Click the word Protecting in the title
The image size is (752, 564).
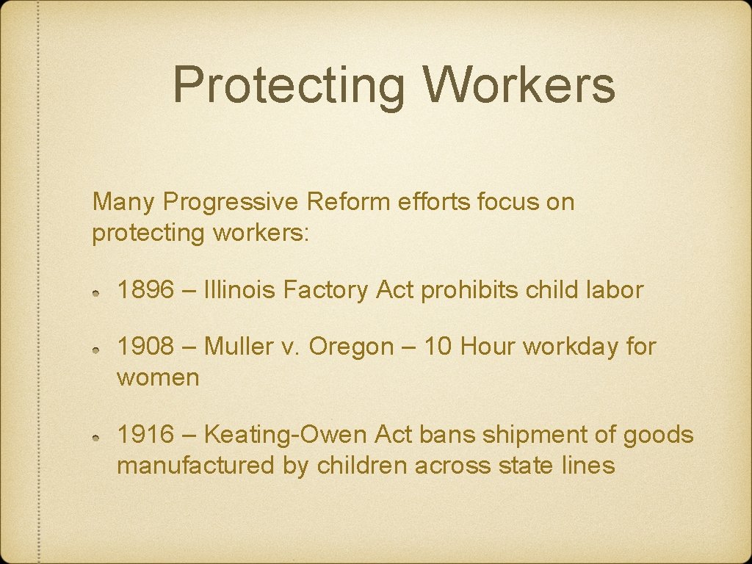pos(288,84)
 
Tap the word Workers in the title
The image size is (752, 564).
pos(518,84)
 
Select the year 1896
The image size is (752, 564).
pos(145,290)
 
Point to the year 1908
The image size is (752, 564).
pos(145,346)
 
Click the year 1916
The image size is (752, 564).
pos(145,435)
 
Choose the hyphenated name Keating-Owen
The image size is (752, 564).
pos(285,435)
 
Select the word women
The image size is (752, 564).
pos(158,378)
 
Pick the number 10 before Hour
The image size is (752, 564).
pos(438,346)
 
